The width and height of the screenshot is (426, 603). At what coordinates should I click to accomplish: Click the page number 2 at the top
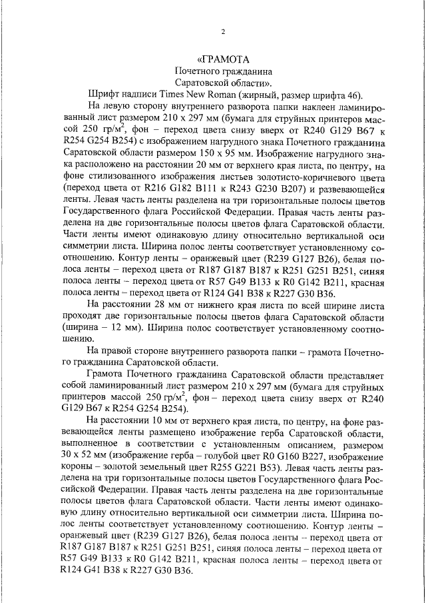(x=223, y=32)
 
